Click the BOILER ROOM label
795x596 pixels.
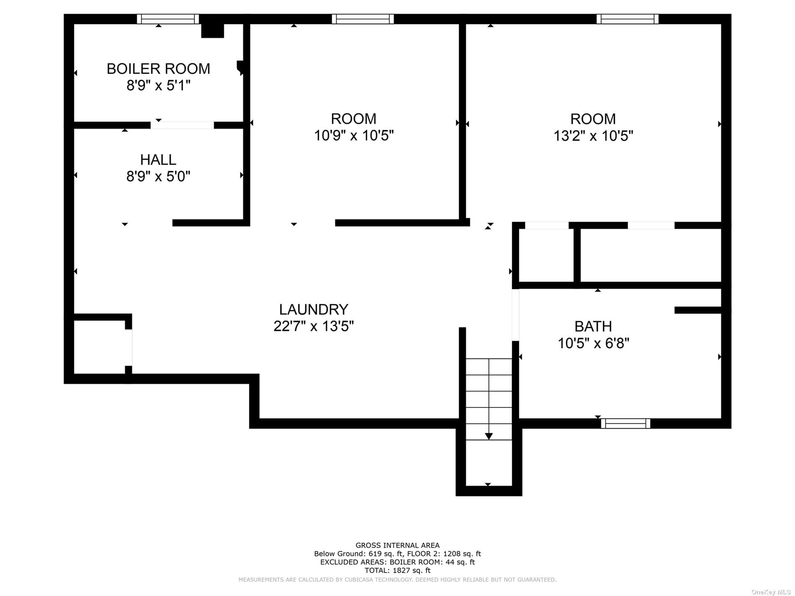coord(158,69)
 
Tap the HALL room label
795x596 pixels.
coord(158,159)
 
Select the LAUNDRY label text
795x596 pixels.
coord(313,310)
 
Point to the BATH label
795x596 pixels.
coord(593,326)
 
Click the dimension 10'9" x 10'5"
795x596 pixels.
coord(354,136)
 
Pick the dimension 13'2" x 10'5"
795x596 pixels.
coord(593,136)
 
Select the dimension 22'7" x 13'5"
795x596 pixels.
coord(313,326)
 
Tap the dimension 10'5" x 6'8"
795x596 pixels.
coord(593,343)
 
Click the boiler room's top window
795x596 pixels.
coord(168,19)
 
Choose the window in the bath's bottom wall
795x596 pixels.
coord(626,423)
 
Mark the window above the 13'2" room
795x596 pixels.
coord(627,19)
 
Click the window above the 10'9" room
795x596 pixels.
coord(363,19)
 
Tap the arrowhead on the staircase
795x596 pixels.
coord(489,436)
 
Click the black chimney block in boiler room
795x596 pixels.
coord(213,31)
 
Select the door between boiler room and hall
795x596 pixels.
coord(182,125)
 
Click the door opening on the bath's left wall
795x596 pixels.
coord(515,315)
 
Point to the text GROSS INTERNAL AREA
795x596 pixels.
coord(397,545)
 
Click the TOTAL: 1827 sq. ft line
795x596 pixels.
coord(397,570)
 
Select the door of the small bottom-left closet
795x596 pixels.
coord(128,348)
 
